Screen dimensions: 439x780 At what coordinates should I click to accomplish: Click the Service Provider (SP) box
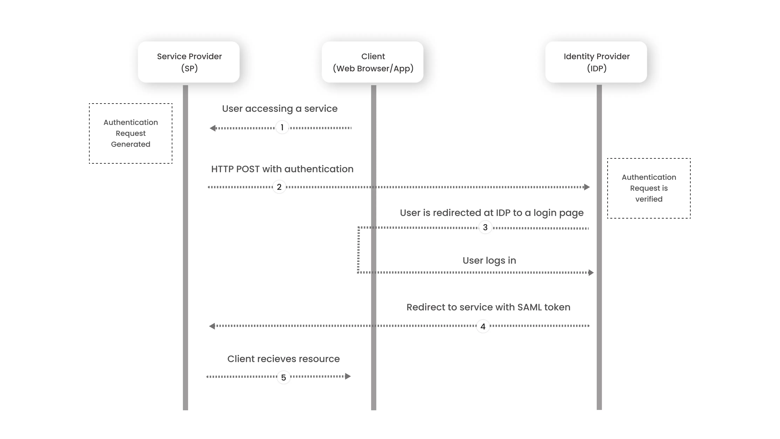pyautogui.click(x=189, y=62)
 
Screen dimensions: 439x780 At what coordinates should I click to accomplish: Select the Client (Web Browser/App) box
pyautogui.click(x=372, y=62)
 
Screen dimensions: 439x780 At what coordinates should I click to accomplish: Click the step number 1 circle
pyautogui.click(x=282, y=127)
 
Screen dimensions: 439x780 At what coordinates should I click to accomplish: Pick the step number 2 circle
pyautogui.click(x=279, y=187)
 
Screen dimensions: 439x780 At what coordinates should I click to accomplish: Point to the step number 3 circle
pyautogui.click(x=485, y=227)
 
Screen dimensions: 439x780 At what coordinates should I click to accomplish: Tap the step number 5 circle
pyautogui.click(x=283, y=377)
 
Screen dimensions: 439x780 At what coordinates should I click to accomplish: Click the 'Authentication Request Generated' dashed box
pyautogui.click(x=131, y=133)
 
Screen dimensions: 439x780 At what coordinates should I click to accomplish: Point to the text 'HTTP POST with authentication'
pyautogui.click(x=282, y=169)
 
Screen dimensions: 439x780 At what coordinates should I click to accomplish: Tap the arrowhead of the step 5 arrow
pyautogui.click(x=348, y=376)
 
